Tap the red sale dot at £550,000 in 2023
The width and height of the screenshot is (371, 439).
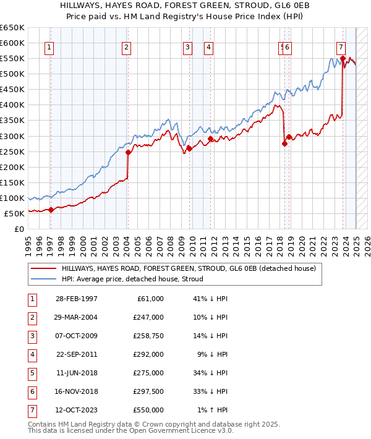click(x=342, y=59)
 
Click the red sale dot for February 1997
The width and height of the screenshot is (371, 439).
click(x=51, y=210)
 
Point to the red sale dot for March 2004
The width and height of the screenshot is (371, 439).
click(x=128, y=152)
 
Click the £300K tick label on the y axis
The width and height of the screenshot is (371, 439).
click(x=13, y=136)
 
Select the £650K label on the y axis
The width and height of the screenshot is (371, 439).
click(x=13, y=28)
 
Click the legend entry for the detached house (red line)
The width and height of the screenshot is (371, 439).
click(x=189, y=268)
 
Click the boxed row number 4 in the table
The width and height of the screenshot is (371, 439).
click(x=30, y=355)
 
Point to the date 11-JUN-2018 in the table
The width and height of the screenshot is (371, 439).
click(x=76, y=373)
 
